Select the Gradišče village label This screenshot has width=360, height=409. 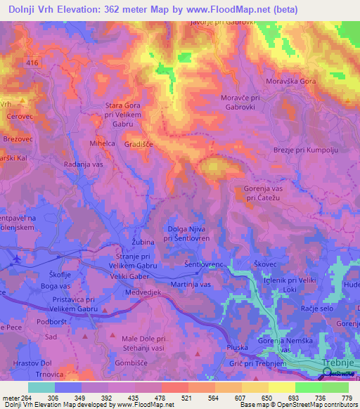139,143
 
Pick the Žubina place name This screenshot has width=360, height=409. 143,242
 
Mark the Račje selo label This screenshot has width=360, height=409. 316,309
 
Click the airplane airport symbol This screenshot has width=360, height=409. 16,262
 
